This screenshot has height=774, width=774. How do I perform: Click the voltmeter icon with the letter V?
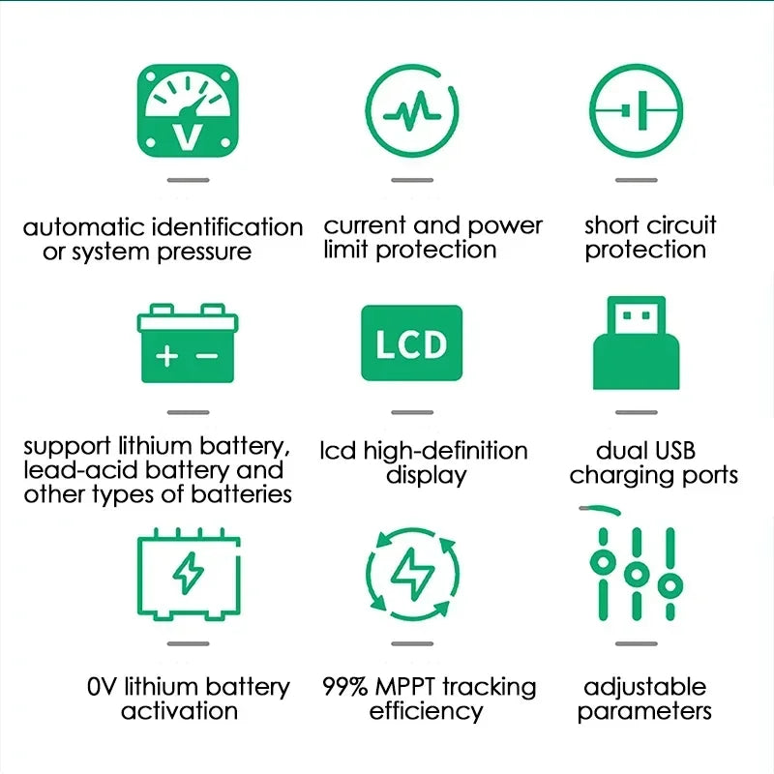(188, 110)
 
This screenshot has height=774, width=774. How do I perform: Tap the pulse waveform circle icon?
(412, 110)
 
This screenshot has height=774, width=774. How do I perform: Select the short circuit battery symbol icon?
(637, 110)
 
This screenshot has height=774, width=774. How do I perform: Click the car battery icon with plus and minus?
(188, 344)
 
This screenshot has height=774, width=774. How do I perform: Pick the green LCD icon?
(411, 343)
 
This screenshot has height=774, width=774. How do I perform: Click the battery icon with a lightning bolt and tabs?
(188, 575)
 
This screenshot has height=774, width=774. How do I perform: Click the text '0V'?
(101, 687)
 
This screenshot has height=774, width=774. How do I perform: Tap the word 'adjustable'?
(645, 687)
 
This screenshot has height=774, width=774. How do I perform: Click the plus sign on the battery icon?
(167, 356)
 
